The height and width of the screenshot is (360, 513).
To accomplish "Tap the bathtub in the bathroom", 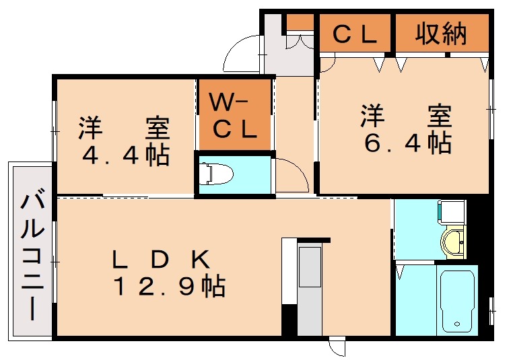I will point(457,299).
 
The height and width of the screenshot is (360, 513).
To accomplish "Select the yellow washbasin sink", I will point(454,241).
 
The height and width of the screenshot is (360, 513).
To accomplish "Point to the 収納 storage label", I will point(441,34).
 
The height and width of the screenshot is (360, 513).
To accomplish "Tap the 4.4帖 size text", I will point(125,155).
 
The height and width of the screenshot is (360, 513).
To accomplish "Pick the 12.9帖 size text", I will point(168,287).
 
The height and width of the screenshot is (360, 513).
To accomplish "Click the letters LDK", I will point(162,258).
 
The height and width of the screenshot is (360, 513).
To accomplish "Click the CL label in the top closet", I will point(355,34).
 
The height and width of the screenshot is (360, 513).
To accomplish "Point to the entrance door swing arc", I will point(242,54).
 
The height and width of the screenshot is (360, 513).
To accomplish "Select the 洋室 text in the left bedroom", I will point(125,127).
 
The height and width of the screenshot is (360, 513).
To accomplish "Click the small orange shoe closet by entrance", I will point(300,22).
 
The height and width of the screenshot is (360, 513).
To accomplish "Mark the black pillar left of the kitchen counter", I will point(289,321).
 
